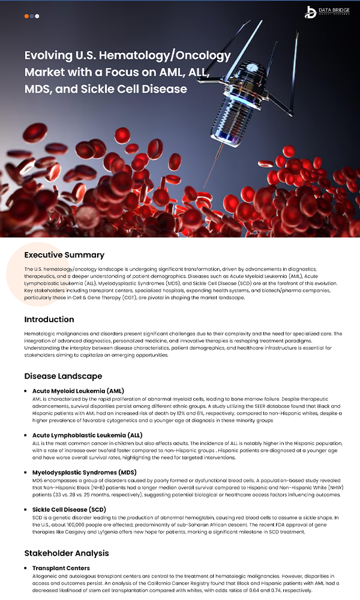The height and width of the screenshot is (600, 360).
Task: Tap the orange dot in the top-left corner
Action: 27,16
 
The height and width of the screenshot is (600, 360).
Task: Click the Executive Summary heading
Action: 64,255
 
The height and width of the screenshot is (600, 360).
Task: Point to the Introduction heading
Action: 49,319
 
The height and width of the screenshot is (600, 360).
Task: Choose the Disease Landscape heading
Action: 63,376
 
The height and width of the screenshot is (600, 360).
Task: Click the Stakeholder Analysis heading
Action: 67,553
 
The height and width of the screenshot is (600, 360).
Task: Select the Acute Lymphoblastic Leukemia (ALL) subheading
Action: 88,435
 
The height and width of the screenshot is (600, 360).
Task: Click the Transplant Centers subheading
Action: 61,568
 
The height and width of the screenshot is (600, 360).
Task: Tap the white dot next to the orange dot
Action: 37,16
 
